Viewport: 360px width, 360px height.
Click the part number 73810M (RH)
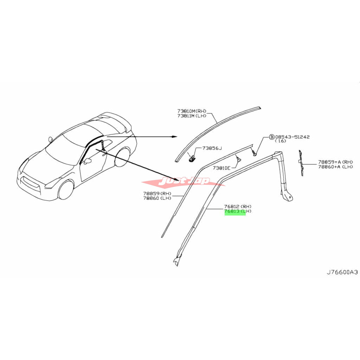click(192, 111)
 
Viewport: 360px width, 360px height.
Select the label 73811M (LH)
click(192, 116)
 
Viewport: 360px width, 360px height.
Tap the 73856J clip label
click(212, 148)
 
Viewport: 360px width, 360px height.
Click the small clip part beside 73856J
click(191, 159)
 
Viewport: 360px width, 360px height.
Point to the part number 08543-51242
click(292, 137)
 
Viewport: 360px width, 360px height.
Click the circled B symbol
click(271, 137)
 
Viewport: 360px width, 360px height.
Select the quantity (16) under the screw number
click(281, 141)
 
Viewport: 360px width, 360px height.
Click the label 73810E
click(222, 168)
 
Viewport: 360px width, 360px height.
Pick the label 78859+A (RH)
click(335, 162)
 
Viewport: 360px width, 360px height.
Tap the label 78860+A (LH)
click(335, 166)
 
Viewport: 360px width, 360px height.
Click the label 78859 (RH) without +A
click(157, 193)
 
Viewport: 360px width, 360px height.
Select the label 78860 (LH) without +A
click(157, 198)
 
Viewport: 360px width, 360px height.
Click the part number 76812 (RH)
click(238, 206)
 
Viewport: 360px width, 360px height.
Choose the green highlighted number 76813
click(232, 211)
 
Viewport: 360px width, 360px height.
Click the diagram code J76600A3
click(342, 277)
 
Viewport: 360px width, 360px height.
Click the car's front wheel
click(66, 190)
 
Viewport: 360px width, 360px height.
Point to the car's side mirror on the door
click(87, 161)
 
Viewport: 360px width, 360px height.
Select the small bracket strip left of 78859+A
click(301, 163)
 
